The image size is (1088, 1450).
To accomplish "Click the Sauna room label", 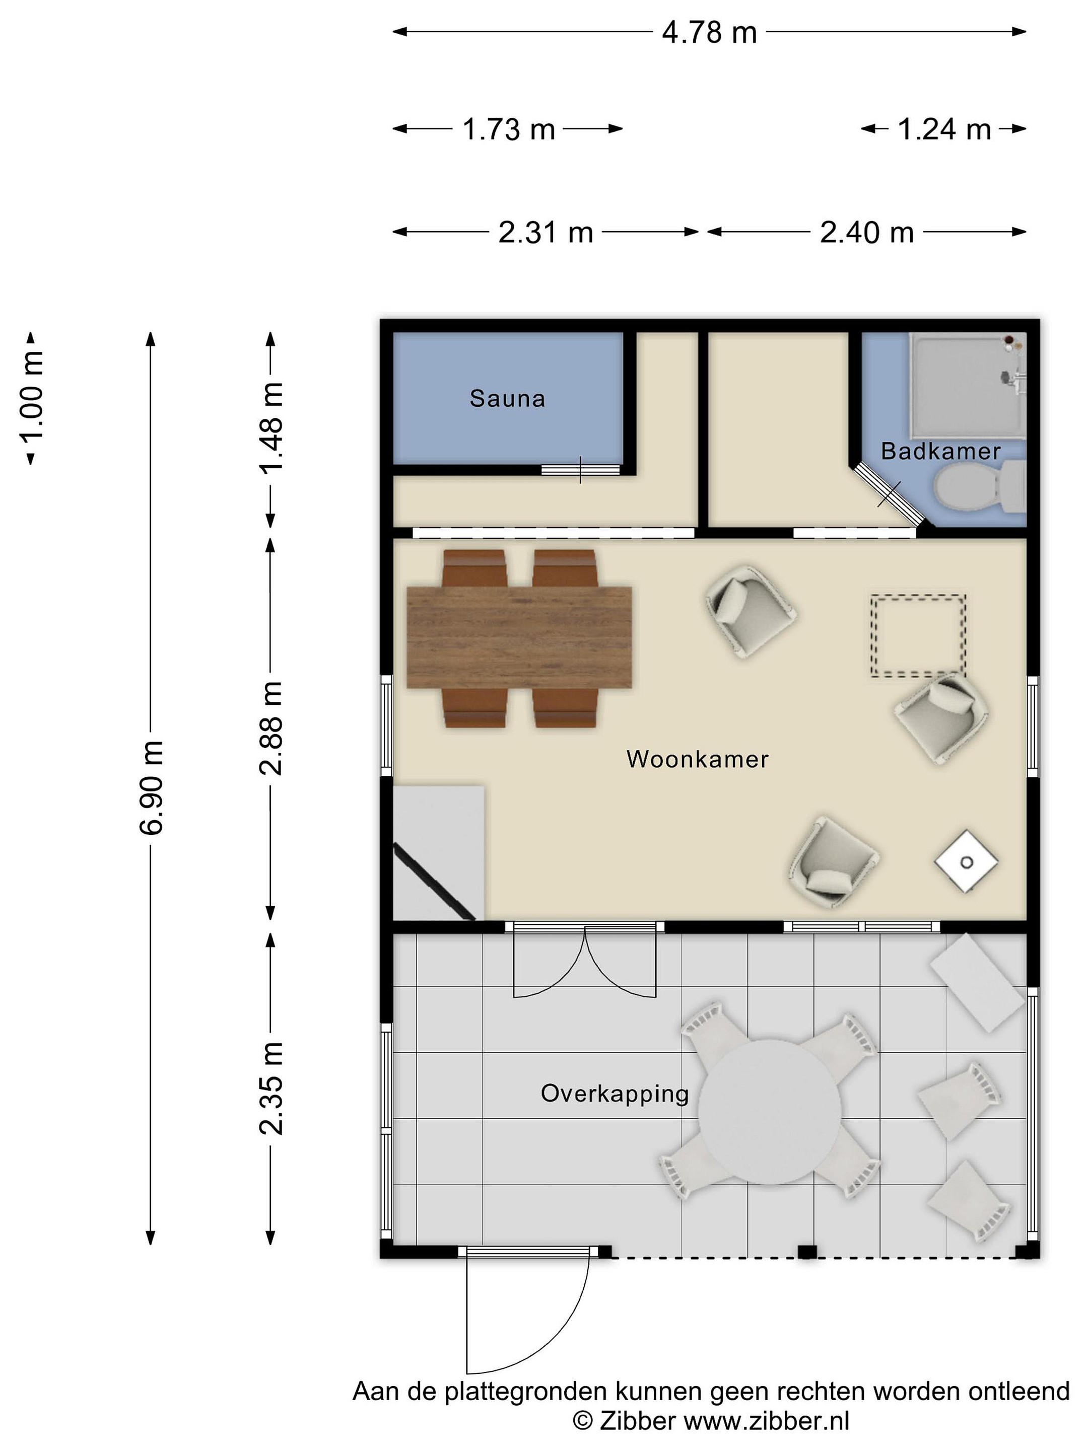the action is pyautogui.click(x=507, y=399).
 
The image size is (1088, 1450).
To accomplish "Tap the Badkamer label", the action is pyautogui.click(x=940, y=451).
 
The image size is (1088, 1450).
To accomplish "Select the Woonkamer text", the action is pyautogui.click(x=697, y=759).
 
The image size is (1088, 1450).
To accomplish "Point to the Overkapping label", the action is pyautogui.click(x=615, y=1094).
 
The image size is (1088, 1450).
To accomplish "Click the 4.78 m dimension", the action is pyautogui.click(x=709, y=32).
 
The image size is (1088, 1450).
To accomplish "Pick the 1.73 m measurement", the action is pyautogui.click(x=509, y=129).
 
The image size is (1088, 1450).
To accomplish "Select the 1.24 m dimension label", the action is pyautogui.click(x=944, y=129).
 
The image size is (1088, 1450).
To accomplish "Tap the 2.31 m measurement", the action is pyautogui.click(x=546, y=232).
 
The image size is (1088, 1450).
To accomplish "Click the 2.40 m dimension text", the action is pyautogui.click(x=867, y=232).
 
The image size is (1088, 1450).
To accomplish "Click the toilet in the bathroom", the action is pyautogui.click(x=980, y=486).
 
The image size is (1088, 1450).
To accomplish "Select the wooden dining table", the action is pyautogui.click(x=519, y=637).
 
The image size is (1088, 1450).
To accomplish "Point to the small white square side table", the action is pyautogui.click(x=966, y=861).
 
